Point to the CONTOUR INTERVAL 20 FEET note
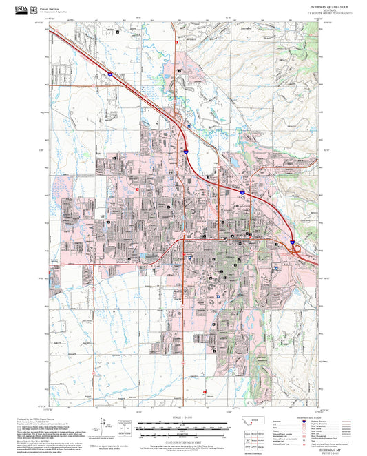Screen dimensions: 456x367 [182, 442]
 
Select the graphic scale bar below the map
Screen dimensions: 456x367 [182, 427]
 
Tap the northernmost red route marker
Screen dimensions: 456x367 [178, 43]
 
